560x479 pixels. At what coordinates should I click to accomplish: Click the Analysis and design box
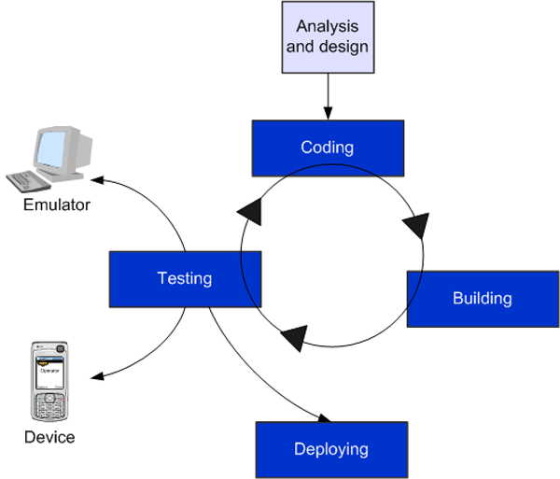coord(329,36)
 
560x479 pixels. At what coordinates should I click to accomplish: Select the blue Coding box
coord(328,147)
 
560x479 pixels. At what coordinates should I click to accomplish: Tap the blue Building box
coord(482,299)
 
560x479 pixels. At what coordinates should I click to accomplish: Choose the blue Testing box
coord(184,278)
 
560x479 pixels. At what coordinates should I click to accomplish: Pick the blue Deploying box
coord(330,449)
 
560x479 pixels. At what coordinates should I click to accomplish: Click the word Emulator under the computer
coord(56,204)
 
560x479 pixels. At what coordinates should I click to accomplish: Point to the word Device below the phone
coord(49,437)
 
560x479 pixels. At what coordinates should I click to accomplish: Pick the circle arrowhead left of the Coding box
coord(250,212)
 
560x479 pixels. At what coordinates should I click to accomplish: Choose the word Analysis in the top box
coord(329,27)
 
